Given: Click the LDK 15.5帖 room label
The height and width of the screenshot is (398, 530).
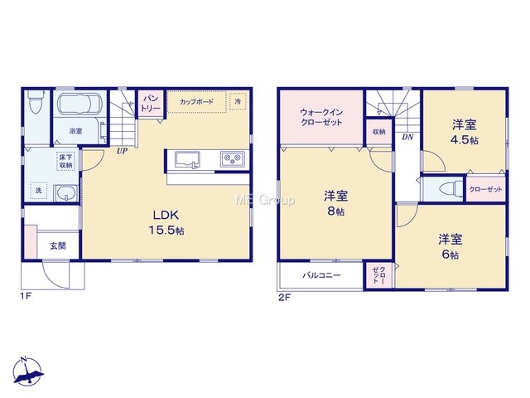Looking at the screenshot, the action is [166, 222].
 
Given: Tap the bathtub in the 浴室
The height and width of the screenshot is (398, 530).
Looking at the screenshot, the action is [79, 104].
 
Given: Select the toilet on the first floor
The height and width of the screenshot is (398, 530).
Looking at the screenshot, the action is [35, 101].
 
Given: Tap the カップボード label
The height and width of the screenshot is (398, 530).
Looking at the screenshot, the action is [197, 101].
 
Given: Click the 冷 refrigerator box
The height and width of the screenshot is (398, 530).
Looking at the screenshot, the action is [238, 101].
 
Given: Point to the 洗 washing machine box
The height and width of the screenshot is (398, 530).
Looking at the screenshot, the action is [39, 191].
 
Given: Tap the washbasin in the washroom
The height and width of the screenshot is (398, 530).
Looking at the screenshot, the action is [66, 193].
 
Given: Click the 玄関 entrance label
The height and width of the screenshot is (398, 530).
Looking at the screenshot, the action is [58, 246].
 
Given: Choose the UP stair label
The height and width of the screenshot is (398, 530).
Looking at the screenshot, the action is [122, 151].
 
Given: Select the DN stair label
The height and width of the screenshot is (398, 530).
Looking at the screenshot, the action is [407, 138].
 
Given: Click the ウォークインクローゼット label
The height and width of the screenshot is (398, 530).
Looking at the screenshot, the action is [321, 118].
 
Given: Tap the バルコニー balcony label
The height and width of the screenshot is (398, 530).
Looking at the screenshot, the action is [321, 275].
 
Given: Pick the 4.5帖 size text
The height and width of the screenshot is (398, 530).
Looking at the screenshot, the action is [465, 140].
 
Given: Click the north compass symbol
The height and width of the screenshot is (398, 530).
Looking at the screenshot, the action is [28, 371].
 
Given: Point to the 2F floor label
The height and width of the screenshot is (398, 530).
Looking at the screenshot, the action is [285, 298].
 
